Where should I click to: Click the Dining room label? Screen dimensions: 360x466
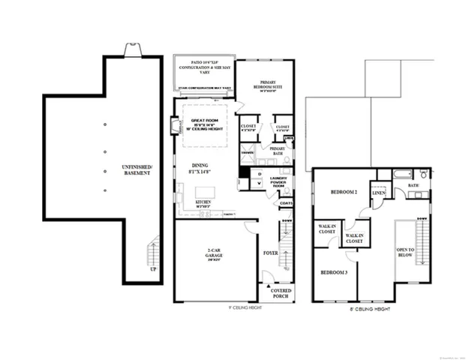point(200,168)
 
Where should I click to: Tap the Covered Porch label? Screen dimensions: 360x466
point(281,292)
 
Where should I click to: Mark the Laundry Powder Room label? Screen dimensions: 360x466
point(280,183)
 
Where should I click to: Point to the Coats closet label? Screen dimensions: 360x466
point(285,202)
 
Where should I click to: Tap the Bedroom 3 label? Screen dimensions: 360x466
point(334,271)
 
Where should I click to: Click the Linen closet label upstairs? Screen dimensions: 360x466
point(378,193)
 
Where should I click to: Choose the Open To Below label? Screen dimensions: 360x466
point(406,250)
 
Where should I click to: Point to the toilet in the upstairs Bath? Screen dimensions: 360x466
point(424,175)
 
